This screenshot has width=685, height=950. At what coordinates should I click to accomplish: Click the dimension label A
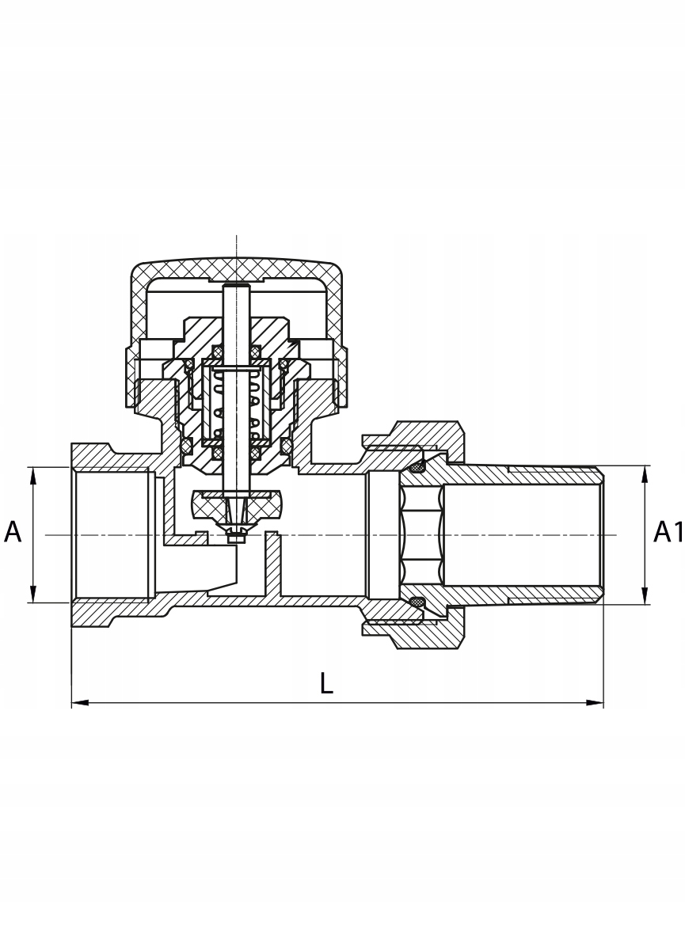[13, 531]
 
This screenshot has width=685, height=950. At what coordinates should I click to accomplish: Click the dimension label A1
[668, 531]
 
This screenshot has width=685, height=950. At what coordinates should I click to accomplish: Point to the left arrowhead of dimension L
[80, 702]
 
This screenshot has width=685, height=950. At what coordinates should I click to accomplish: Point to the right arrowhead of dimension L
[595, 702]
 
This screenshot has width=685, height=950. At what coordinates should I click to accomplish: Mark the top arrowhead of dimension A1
[645, 474]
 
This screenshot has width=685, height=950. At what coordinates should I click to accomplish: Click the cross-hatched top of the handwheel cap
[237, 268]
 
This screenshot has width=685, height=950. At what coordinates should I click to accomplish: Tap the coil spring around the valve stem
[237, 403]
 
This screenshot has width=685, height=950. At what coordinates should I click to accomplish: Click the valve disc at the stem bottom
[237, 503]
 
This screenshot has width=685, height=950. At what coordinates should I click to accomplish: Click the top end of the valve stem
[236, 285]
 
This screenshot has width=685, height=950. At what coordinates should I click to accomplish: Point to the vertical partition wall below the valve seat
[272, 566]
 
